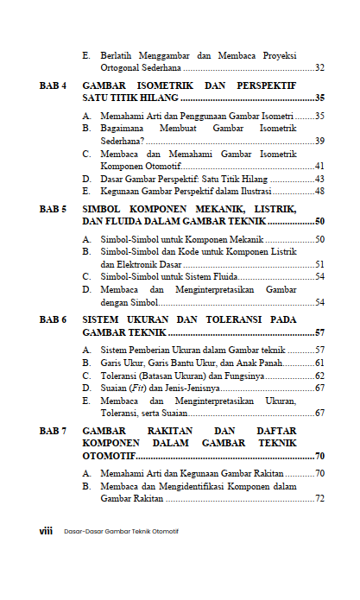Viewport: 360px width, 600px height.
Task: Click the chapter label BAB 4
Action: pos(53,86)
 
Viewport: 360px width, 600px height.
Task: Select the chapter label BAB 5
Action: pos(53,209)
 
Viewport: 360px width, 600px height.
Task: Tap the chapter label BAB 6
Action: pos(53,319)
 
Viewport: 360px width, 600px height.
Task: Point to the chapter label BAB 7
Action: pos(53,430)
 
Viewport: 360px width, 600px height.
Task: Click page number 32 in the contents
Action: pos(319,67)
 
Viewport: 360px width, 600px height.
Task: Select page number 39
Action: pos(319,140)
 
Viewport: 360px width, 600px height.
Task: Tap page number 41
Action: pos(319,165)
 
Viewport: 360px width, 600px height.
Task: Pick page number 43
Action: pos(319,178)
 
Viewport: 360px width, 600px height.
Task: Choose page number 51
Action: pos(319,263)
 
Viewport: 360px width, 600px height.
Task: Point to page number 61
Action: pos(319,363)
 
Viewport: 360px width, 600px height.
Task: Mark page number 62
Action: pos(319,376)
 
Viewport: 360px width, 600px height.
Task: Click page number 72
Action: pos(319,498)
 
